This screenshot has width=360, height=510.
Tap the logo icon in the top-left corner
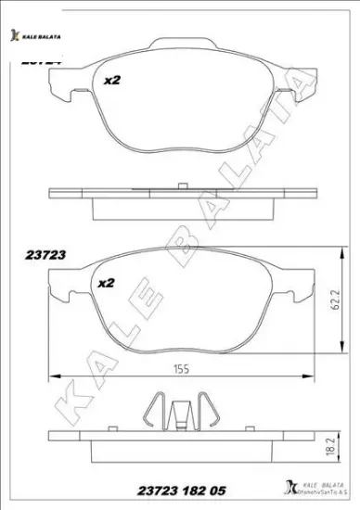click(14, 35)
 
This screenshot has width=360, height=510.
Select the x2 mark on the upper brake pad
click(112, 81)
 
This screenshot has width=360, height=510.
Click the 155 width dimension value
click(179, 369)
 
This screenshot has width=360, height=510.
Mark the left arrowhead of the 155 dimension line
click(53, 376)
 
